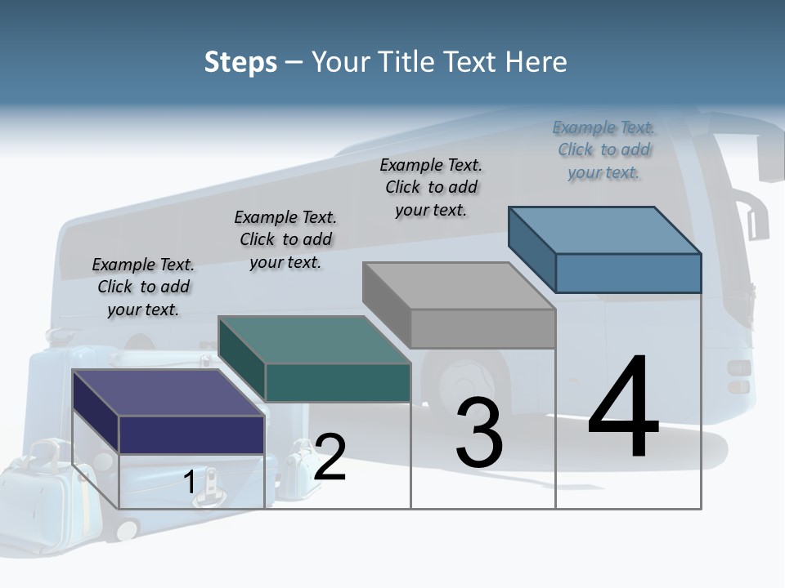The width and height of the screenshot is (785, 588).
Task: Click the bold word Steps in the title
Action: tap(240, 62)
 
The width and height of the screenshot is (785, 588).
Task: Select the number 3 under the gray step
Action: tap(479, 433)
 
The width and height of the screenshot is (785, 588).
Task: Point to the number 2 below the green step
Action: tap(330, 457)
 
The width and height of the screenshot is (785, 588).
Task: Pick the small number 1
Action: tap(190, 482)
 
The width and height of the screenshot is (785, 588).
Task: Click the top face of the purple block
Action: tap(168, 392)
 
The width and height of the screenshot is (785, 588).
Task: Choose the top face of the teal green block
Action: tap(314, 339)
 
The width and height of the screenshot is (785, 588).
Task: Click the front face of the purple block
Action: tap(191, 434)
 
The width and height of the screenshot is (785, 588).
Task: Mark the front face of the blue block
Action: tap(628, 273)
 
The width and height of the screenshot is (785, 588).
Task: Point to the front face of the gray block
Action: tap(482, 328)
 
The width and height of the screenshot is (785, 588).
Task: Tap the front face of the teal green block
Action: tap(338, 382)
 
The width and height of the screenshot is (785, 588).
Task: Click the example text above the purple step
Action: tap(143, 287)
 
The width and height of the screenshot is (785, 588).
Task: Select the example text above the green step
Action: tap(285, 239)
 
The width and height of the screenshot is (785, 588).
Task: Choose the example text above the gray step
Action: tap(431, 187)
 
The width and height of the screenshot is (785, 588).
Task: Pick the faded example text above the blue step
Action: tap(603, 149)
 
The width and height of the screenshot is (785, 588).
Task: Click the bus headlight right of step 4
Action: tap(738, 376)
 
